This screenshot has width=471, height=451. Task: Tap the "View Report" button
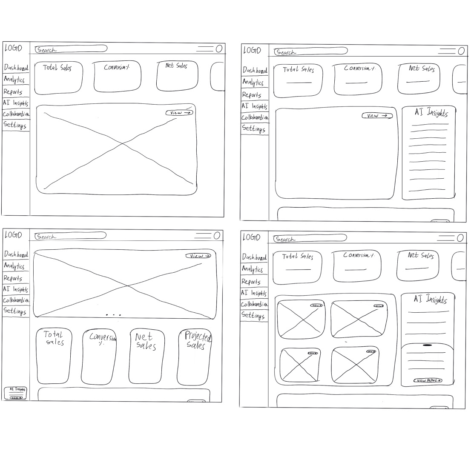427,380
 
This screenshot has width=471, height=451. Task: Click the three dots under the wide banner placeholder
114,315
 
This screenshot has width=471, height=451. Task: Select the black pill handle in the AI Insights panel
427,345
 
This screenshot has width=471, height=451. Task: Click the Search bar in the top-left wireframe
71,49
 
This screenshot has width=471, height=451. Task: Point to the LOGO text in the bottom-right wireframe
251,237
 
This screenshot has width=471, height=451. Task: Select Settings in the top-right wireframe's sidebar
253,128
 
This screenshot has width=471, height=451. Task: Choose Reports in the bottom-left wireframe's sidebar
13,278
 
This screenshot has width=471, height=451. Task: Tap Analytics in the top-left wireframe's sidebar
14,79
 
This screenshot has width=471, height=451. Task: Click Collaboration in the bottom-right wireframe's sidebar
254,305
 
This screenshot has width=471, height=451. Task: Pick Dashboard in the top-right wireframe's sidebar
255,70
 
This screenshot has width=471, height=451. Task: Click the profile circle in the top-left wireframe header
219,49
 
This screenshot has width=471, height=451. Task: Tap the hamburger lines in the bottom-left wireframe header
204,235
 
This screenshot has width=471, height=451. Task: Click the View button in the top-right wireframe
377,116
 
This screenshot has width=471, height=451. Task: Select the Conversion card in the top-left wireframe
117,77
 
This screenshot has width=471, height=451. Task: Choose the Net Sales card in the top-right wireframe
419,79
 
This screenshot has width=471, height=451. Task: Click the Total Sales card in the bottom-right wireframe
297,267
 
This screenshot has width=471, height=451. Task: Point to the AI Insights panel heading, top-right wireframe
431,113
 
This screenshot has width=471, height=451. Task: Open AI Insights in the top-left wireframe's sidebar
15,103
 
